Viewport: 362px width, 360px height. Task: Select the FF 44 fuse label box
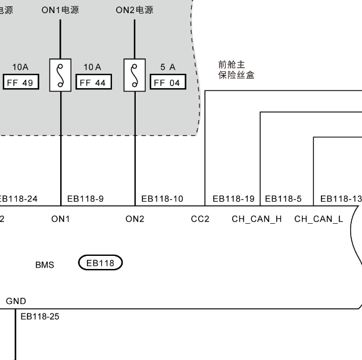pos(92,83)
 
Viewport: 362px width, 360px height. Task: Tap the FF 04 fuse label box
pos(166,83)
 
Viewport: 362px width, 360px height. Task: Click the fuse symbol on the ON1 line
pos(61,75)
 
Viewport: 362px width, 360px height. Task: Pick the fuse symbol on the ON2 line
pos(135,75)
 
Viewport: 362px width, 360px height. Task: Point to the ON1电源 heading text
pos(60,10)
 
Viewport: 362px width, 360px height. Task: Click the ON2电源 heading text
pos(134,10)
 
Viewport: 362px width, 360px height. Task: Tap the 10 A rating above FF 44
pos(92,67)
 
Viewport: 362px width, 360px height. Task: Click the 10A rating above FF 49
pos(20,67)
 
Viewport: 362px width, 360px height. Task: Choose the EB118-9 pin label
pos(85,199)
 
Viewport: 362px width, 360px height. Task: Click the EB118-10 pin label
pos(162,199)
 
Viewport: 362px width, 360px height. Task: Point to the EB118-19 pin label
pos(233,199)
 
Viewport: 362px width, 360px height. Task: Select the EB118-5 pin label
pos(283,199)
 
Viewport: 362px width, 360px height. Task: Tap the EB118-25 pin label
pos(40,316)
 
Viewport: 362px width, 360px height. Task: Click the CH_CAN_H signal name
pos(257,219)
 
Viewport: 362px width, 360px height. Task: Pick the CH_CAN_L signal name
pos(319,219)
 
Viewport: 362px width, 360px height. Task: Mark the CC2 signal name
pos(200,219)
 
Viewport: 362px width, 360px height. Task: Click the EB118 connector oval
pos(101,262)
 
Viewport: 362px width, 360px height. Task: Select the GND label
pos(16,302)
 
